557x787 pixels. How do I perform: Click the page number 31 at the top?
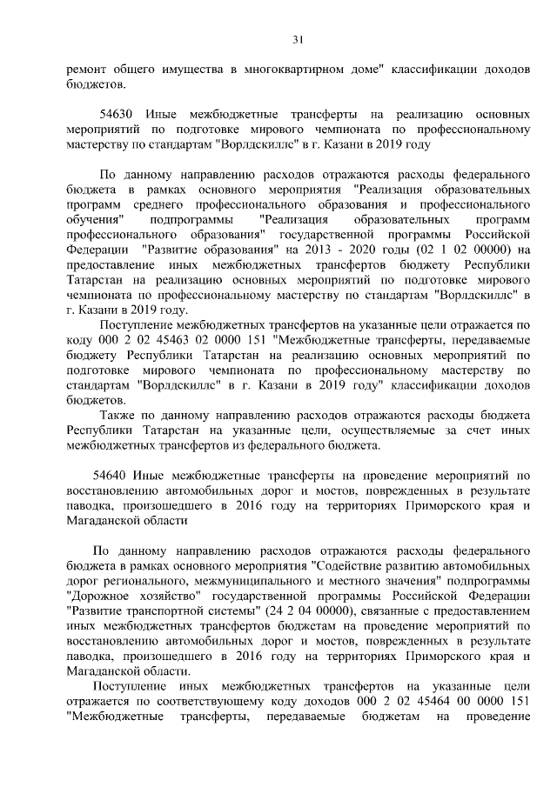tap(297, 39)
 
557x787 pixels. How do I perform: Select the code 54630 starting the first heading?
tap(119, 114)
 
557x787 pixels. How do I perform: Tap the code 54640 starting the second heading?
tap(110, 476)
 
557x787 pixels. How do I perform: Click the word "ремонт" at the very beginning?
tap(86, 67)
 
